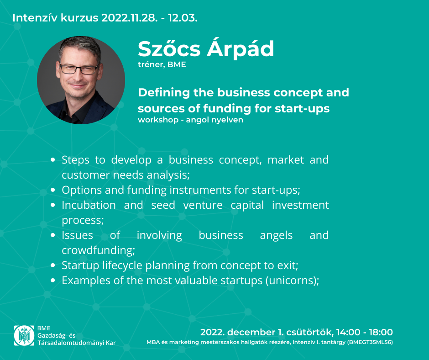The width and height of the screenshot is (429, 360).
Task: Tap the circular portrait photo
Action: pyautogui.click(x=81, y=80)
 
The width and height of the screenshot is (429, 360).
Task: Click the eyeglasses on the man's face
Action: pyautogui.click(x=79, y=69)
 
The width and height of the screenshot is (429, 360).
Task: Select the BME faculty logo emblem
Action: pyautogui.click(x=24, y=335)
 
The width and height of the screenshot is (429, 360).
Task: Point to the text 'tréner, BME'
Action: pyautogui.click(x=162, y=65)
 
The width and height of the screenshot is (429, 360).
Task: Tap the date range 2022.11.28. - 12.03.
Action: pyautogui.click(x=149, y=18)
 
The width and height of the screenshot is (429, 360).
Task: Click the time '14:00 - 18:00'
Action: pyautogui.click(x=365, y=332)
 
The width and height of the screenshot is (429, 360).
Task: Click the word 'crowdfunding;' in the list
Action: pyautogui.click(x=99, y=250)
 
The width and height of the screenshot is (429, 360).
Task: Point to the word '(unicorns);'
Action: pyautogui.click(x=292, y=281)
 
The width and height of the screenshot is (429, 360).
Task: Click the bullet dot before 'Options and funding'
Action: pyautogui.click(x=53, y=190)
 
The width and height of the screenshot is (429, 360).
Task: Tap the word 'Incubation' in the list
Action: pyautogui.click(x=89, y=205)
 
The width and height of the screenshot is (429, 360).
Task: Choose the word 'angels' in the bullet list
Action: pyautogui.click(x=276, y=236)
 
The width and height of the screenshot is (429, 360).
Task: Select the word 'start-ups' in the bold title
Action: pyautogui.click(x=302, y=108)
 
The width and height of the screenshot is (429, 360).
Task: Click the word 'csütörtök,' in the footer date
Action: pyautogui.click(x=310, y=332)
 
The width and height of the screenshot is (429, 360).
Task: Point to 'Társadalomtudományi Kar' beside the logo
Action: pyautogui.click(x=77, y=343)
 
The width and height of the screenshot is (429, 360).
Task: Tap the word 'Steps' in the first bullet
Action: pyautogui.click(x=75, y=160)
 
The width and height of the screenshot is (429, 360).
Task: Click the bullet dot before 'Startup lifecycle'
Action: pyautogui.click(x=53, y=265)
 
